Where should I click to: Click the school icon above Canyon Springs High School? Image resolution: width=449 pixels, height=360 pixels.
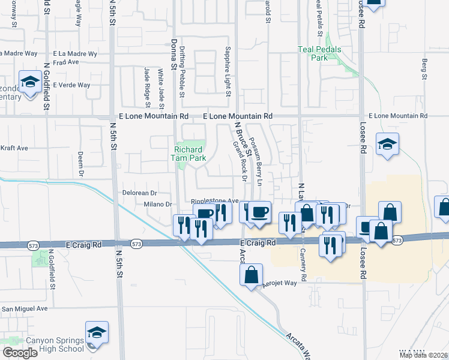point(97,332)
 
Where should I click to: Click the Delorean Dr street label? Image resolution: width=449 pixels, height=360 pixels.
point(139,193)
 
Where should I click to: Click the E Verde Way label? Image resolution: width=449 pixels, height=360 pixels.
point(71,85)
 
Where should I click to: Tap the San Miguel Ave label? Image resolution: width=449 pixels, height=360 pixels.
point(24,308)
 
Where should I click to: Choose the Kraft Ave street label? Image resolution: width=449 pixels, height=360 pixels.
point(14,148)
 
